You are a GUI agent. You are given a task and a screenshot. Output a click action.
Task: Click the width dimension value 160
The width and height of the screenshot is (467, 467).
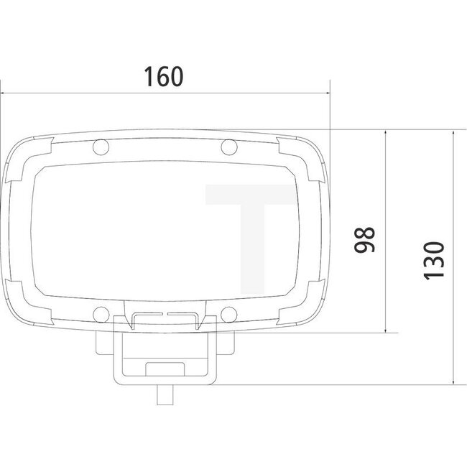point(163,76)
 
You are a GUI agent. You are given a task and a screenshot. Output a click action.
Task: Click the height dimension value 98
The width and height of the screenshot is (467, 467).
point(366,240)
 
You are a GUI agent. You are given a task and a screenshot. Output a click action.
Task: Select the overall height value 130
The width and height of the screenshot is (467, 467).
point(435,260)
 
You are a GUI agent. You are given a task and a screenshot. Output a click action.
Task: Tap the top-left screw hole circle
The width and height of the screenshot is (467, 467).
point(101,148)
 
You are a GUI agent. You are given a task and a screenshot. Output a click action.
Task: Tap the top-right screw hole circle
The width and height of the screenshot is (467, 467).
point(228,148)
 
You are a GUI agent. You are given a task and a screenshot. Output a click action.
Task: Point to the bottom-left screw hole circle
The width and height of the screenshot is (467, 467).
point(101,313)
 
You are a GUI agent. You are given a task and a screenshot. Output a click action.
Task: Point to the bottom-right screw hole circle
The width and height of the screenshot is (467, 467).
point(228,313)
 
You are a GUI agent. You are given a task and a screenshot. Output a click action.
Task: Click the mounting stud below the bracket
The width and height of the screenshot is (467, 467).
point(165,396)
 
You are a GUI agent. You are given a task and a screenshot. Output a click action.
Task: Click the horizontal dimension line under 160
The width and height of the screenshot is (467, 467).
point(165,93)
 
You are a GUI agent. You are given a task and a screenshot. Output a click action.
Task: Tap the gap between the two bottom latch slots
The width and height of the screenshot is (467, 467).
point(165,314)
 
